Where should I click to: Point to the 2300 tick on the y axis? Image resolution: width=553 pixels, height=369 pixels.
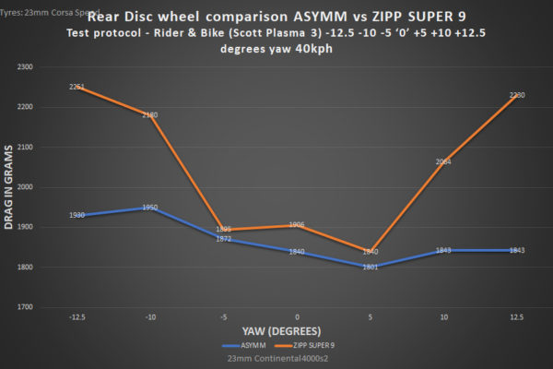coord(48,67)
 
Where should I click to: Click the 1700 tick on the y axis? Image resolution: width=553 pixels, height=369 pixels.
coord(48,306)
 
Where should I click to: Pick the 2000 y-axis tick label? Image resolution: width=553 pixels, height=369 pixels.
coord(48,187)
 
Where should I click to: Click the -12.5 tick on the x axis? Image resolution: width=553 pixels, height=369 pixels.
coord(77,316)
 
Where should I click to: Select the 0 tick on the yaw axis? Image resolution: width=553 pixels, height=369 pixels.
coord(297,316)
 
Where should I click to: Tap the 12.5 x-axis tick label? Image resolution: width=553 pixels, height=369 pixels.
coord(516,316)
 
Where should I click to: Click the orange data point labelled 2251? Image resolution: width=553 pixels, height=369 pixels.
coord(77,87)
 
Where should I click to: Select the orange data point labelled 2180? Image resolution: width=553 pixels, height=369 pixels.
coord(150,115)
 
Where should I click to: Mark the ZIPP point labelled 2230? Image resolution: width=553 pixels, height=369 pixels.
coord(516,95)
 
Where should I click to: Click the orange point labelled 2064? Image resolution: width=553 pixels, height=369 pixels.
coord(443,161)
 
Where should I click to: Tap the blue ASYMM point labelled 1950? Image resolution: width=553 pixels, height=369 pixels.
coord(150,208)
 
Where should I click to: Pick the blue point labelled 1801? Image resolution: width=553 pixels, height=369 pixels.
coord(370,267)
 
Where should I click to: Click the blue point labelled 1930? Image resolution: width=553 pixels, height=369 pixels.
coord(77,215)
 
